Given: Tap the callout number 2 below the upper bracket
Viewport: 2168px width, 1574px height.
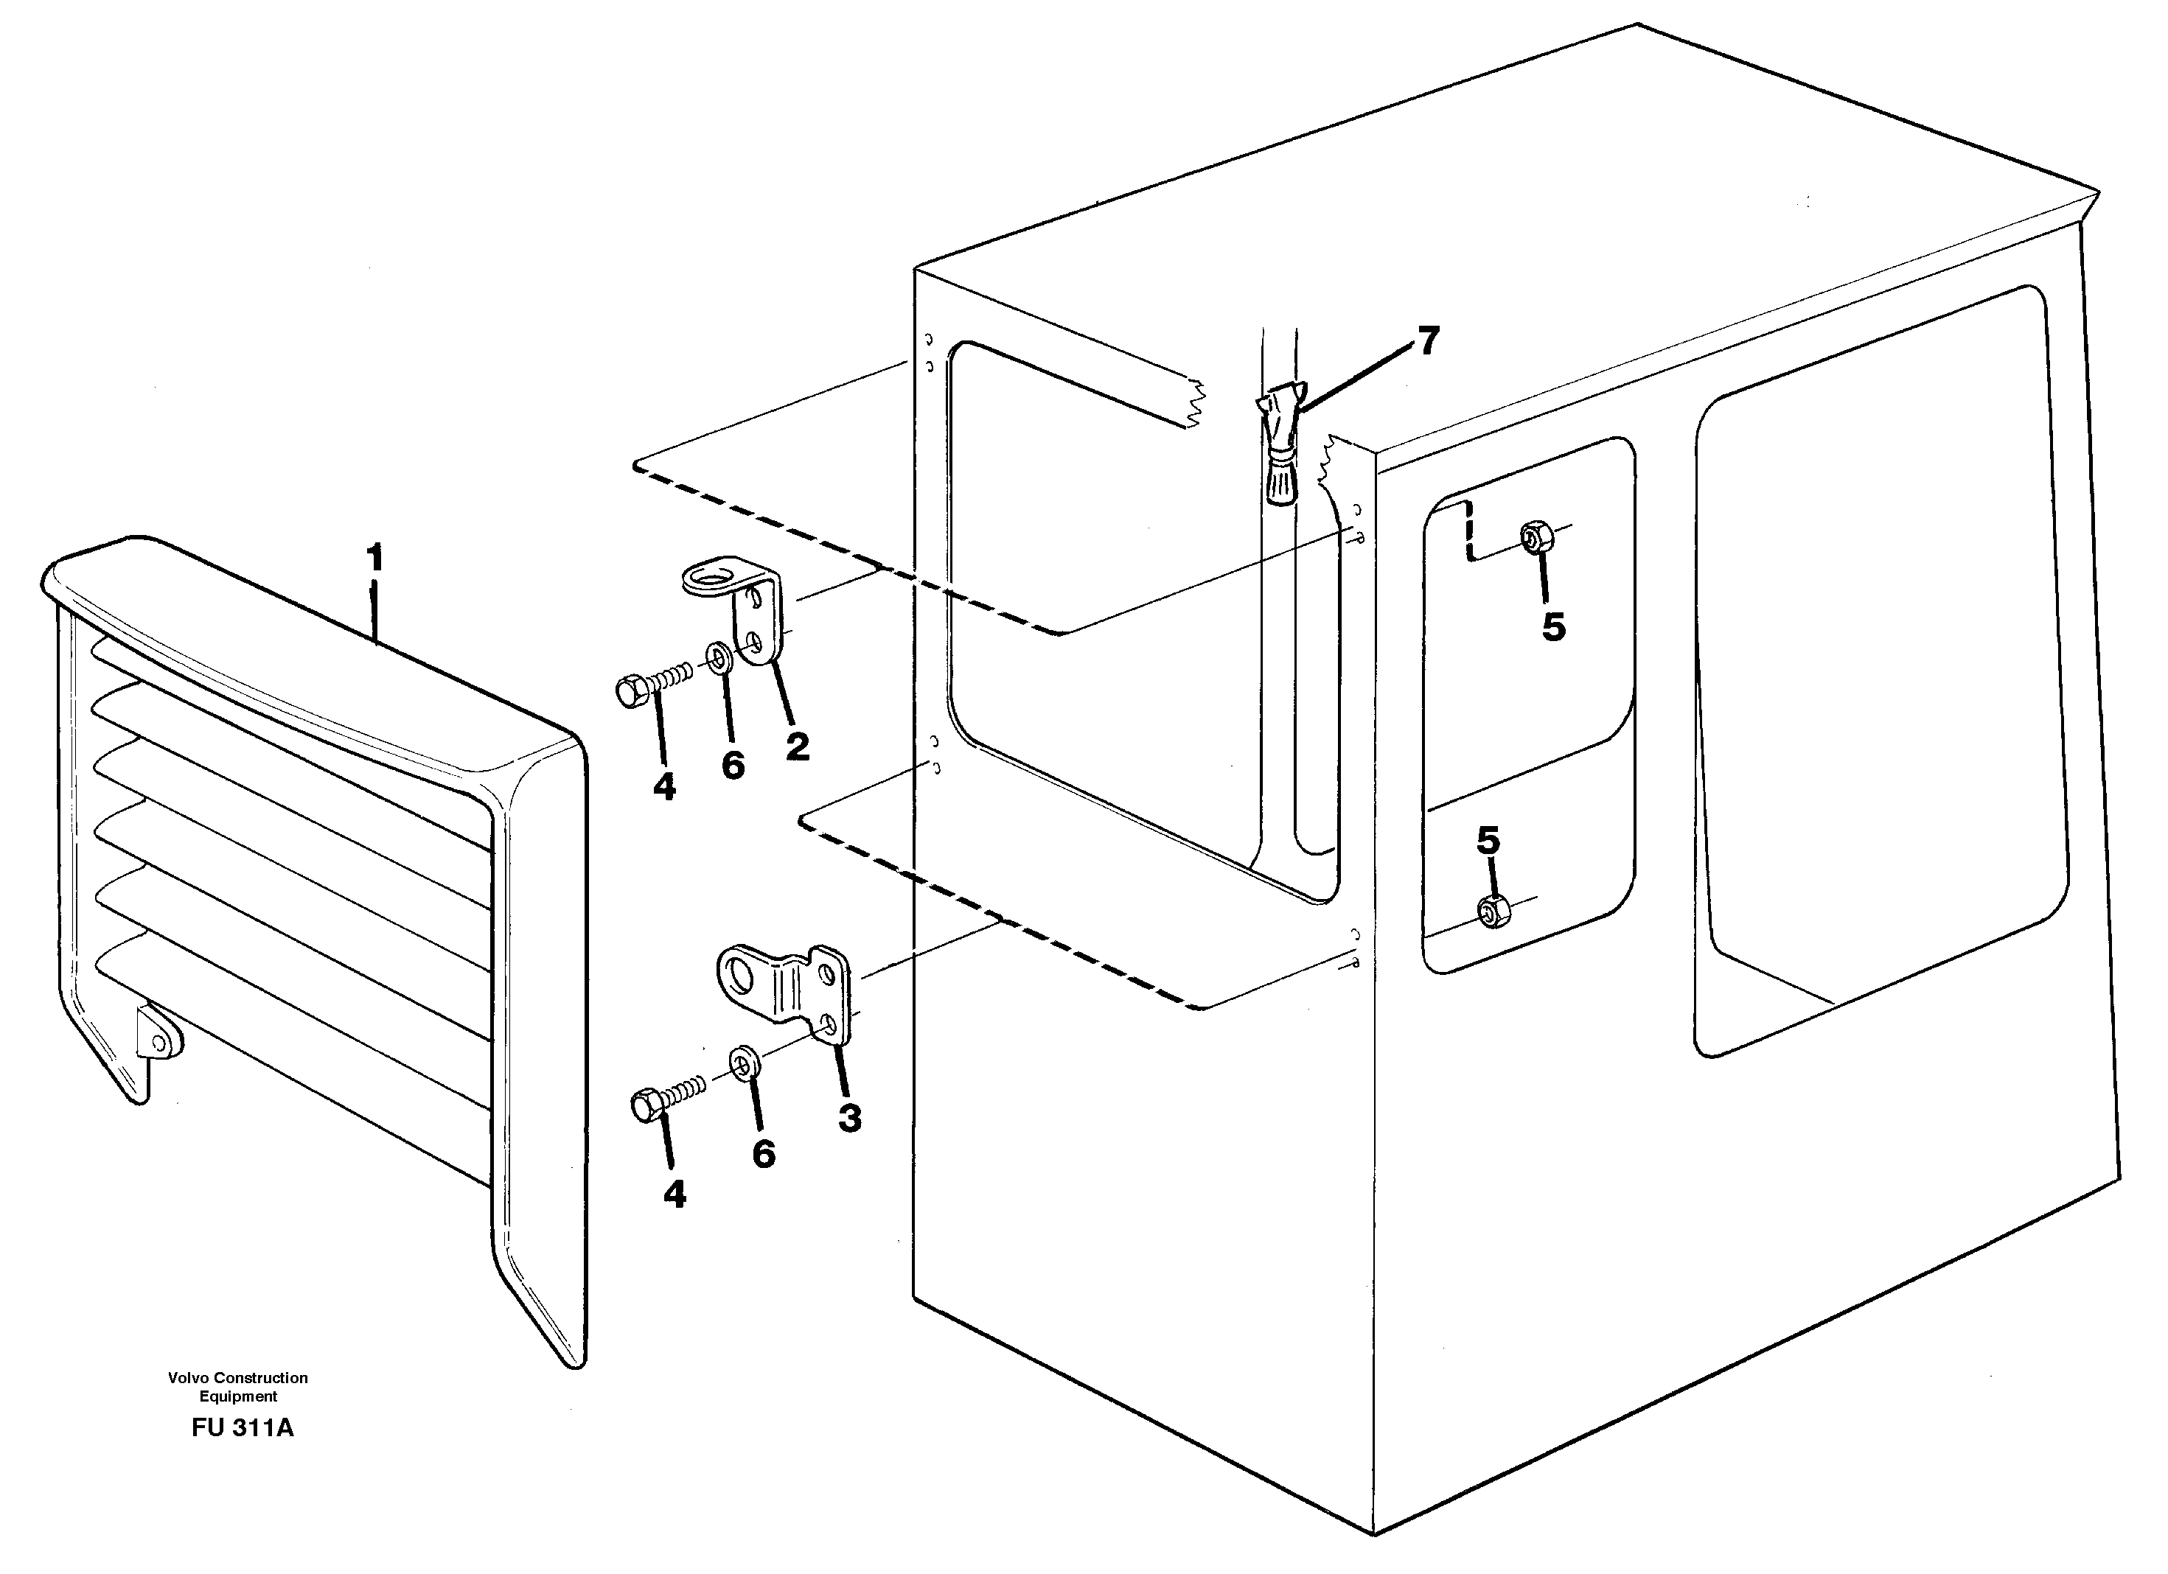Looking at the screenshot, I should pyautogui.click(x=797, y=746).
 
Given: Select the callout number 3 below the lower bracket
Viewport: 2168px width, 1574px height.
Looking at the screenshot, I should pyautogui.click(x=850, y=1117).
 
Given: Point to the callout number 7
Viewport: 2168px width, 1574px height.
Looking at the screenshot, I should pyautogui.click(x=1428, y=340).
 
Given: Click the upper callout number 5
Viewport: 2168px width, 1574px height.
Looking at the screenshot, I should pyautogui.click(x=1554, y=627).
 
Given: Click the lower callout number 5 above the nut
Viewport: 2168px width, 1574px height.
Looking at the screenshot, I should pyautogui.click(x=1488, y=841).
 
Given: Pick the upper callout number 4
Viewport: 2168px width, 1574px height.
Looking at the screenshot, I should pyautogui.click(x=664, y=788).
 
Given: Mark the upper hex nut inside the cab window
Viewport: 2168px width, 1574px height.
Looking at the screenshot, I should pyautogui.click(x=1536, y=538).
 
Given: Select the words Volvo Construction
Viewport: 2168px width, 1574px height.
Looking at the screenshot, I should pyautogui.click(x=238, y=1377).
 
